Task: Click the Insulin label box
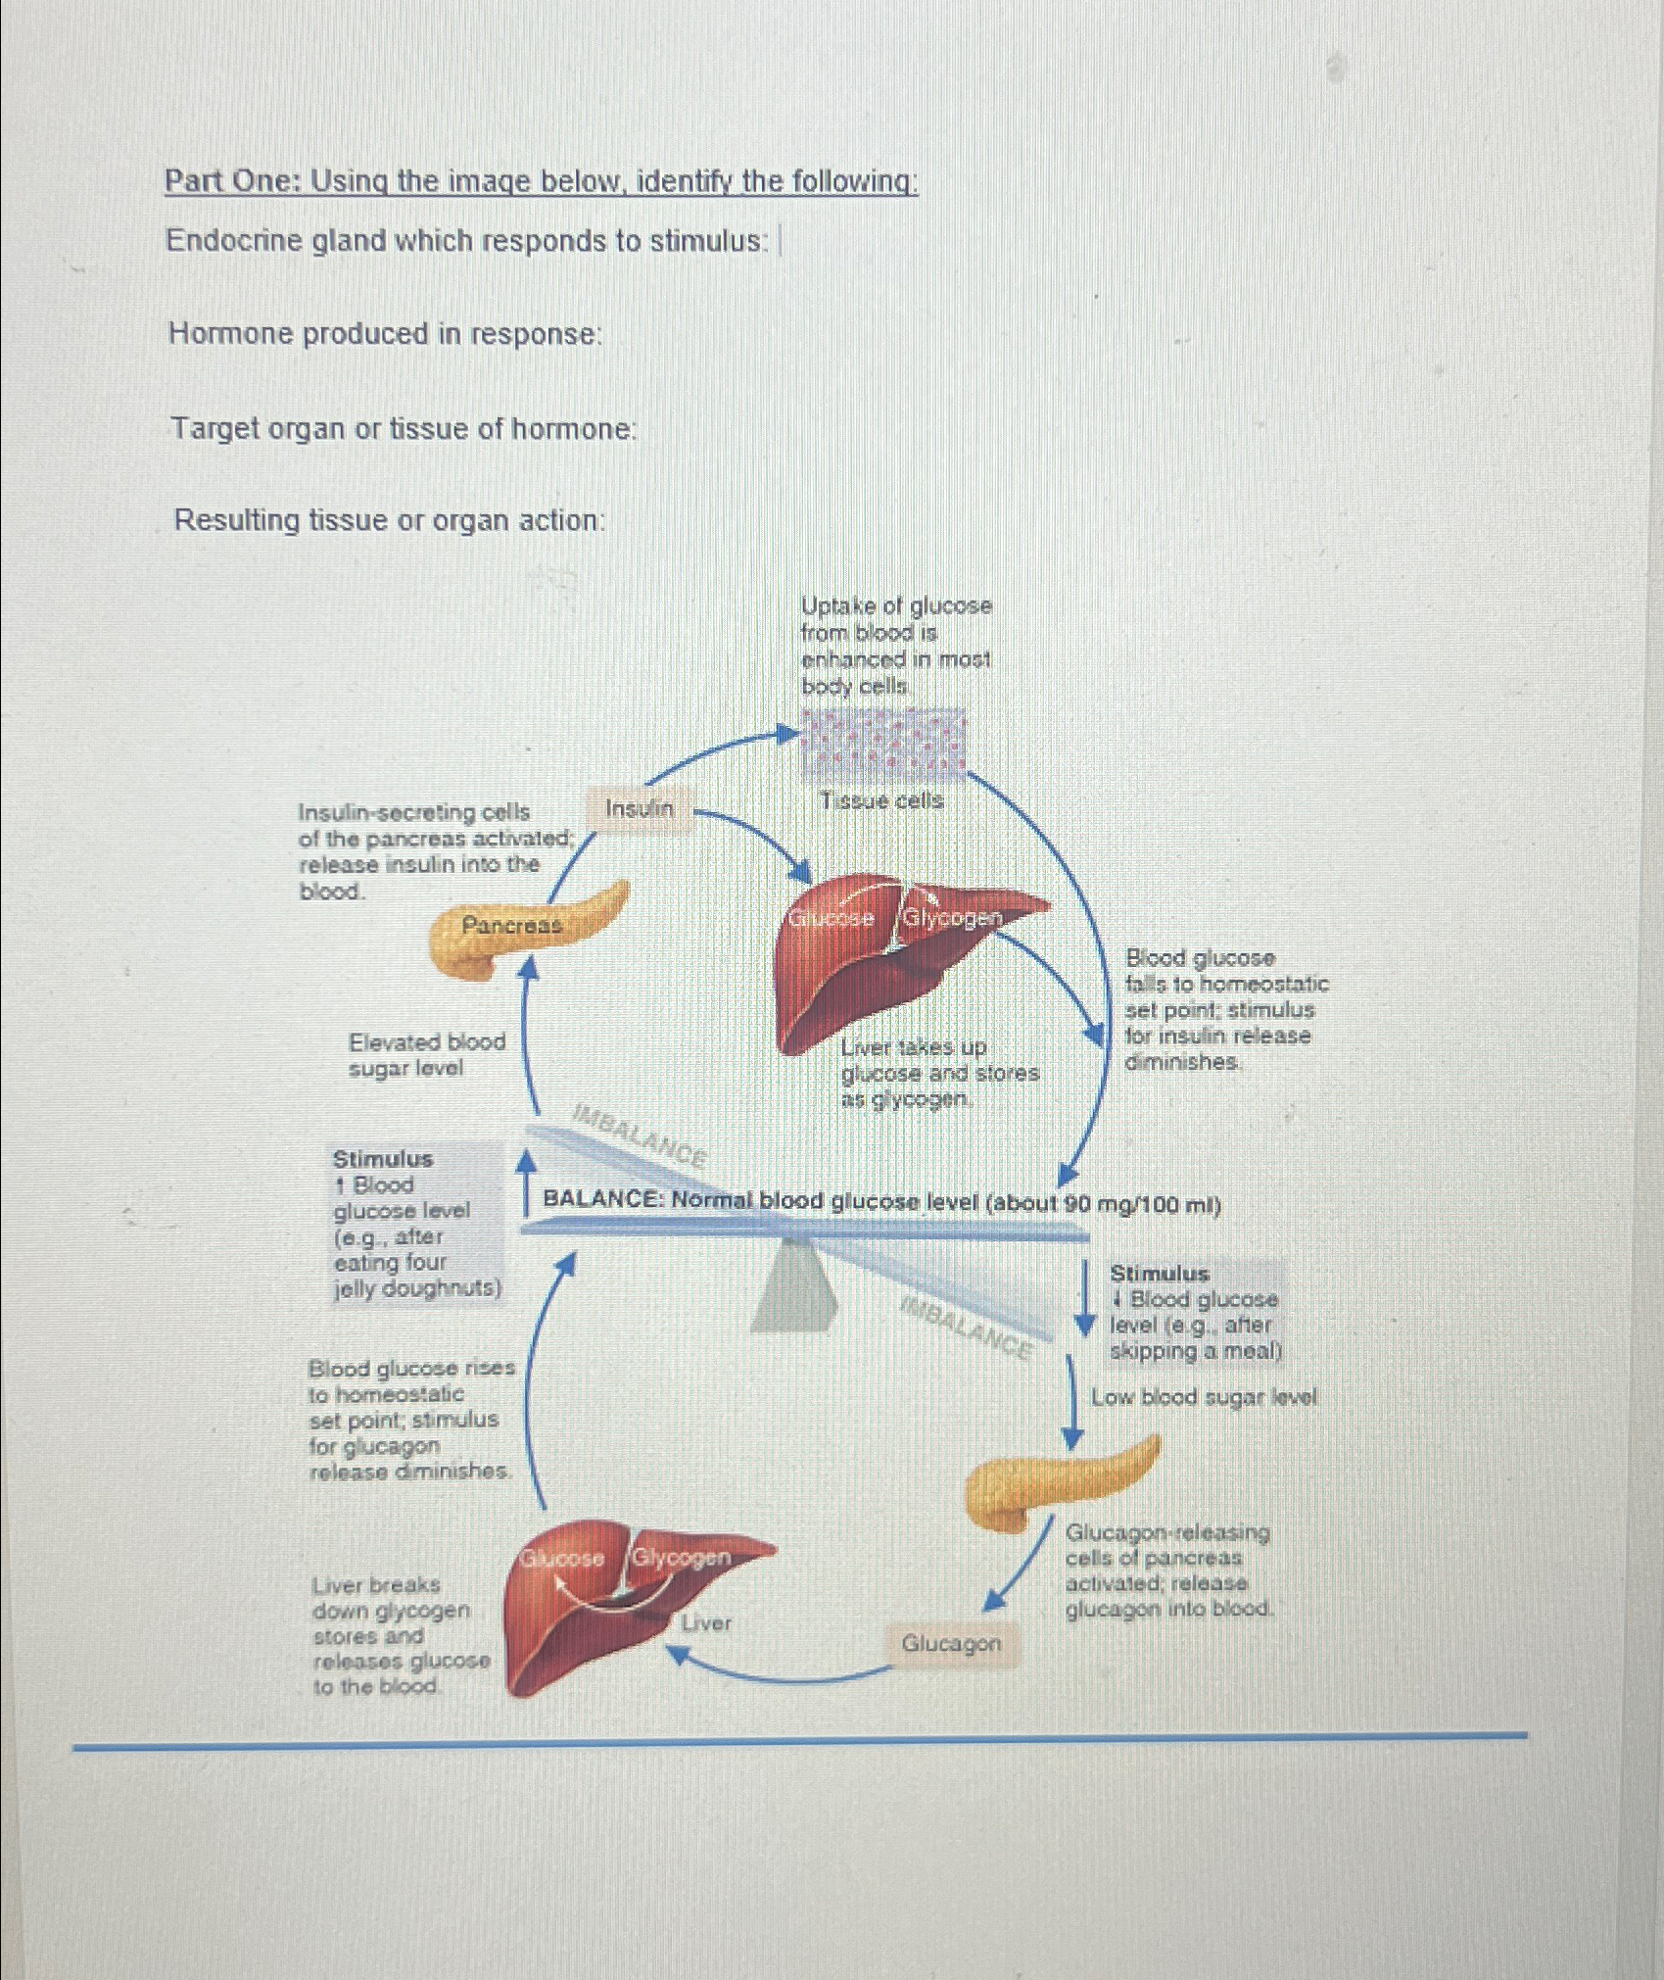[641, 809]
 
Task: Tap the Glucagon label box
[951, 1643]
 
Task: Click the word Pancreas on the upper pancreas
[511, 925]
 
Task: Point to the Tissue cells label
[881, 800]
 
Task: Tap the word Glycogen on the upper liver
[952, 918]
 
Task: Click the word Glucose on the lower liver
[562, 1558]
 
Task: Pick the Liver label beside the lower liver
[706, 1623]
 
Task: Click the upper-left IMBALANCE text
[641, 1135]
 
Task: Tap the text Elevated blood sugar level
[426, 1054]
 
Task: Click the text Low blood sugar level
[1204, 1397]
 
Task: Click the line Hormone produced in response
[385, 334]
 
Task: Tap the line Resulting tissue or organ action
[389, 520]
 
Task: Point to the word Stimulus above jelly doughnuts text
[382, 1159]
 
